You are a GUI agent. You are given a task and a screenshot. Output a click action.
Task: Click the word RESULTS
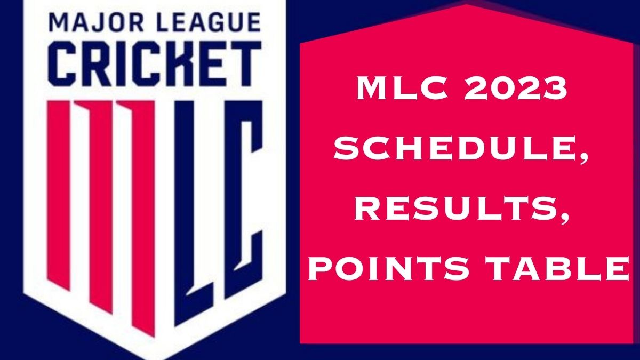pos(454,209)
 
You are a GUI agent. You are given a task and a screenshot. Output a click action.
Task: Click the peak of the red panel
pos(466,5)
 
